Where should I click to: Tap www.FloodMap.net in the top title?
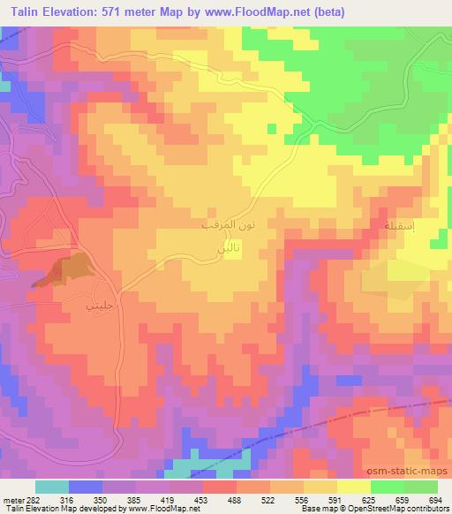pos(246,12)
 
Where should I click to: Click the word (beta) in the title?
pos(324,12)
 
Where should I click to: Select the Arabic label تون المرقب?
pos(230,227)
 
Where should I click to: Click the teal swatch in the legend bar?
pos(52,487)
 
